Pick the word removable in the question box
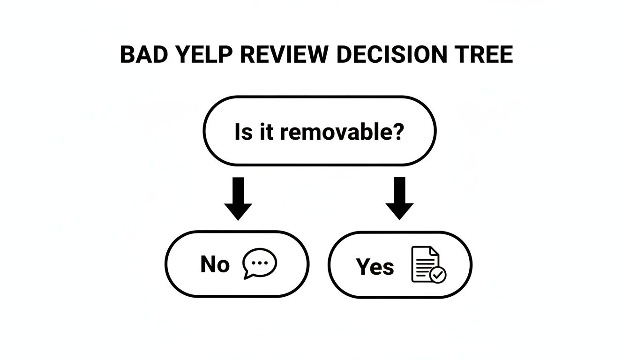click(337, 132)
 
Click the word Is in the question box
click(243, 132)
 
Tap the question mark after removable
click(397, 132)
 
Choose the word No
click(215, 265)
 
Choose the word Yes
click(375, 267)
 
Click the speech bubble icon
click(259, 263)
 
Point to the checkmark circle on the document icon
click(438, 275)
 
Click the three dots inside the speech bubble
click(260, 262)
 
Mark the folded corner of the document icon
click(435, 252)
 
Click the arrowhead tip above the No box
click(238, 218)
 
